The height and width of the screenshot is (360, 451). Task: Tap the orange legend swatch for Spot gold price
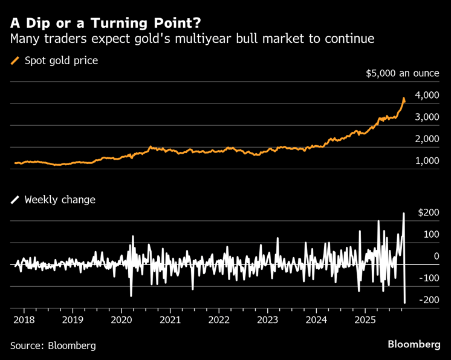coord(15,61)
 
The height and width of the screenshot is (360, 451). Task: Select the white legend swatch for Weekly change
coord(15,200)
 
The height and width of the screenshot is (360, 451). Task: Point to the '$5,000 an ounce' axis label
coord(401,74)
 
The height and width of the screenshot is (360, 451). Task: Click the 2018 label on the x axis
coord(22,319)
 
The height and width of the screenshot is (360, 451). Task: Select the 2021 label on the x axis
coord(170,319)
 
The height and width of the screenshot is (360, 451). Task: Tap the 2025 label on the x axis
coord(365,319)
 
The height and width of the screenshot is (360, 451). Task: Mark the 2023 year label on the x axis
coord(268,319)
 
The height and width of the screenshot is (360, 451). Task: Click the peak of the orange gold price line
coord(403,97)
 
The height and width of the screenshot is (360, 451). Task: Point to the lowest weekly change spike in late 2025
coord(405,303)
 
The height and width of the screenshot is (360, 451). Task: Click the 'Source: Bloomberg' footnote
coord(53,345)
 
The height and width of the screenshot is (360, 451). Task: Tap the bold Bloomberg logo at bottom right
coord(414,344)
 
